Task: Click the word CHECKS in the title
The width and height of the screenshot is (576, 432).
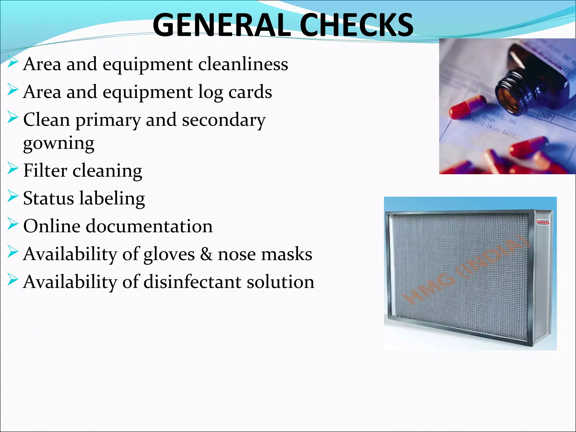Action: pos(357,25)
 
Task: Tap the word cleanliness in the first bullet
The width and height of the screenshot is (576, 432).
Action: pos(243,64)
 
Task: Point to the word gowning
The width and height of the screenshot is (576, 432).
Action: pos(59,143)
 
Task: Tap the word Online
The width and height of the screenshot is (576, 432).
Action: pos(52,226)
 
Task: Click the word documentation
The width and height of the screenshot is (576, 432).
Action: pos(149,226)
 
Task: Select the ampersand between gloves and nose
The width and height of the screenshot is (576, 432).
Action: pos(206,254)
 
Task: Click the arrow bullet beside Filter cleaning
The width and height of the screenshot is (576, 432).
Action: pos(13,170)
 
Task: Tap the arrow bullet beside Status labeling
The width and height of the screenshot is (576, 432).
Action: pos(13,197)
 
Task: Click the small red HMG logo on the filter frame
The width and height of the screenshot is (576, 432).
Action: pos(543,222)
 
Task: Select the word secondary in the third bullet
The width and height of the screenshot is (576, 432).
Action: pos(224,120)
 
